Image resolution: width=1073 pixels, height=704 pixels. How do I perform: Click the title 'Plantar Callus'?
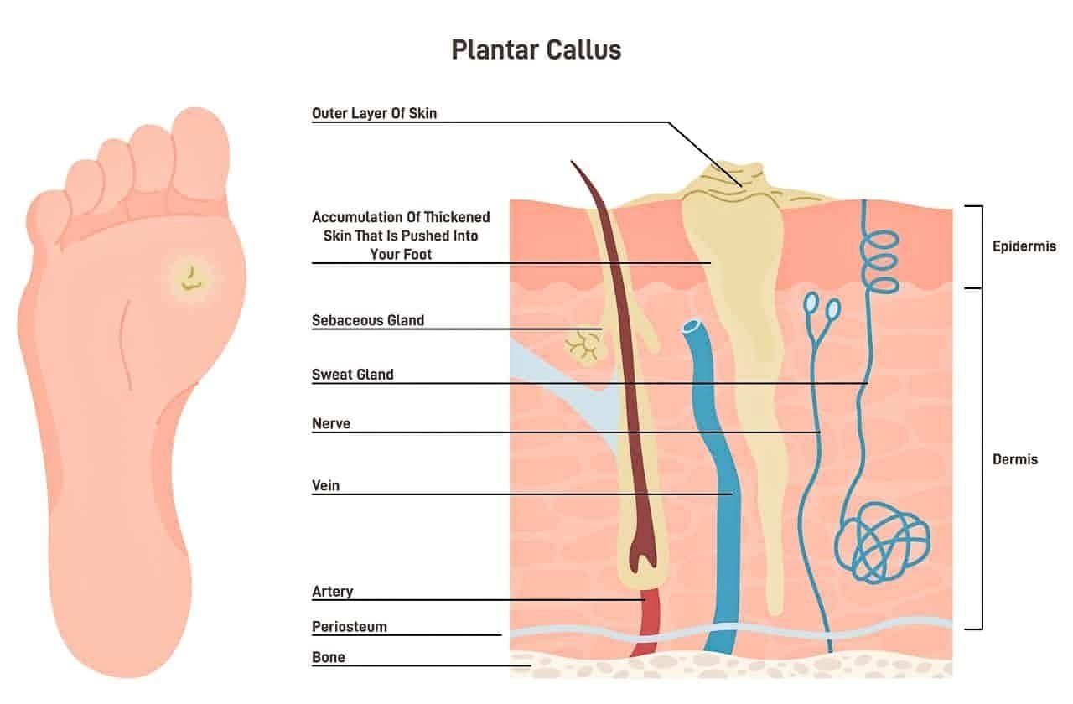(536, 50)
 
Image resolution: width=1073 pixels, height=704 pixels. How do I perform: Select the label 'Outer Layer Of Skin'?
(374, 113)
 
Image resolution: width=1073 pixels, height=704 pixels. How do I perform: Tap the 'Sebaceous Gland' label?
(368, 320)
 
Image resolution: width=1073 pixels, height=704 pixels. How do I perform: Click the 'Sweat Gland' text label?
(353, 375)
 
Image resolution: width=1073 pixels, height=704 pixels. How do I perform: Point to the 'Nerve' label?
(331, 424)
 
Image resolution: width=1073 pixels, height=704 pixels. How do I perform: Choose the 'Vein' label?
(326, 485)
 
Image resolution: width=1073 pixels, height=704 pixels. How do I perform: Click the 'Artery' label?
(333, 592)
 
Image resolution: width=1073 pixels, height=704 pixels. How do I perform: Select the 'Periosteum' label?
(350, 627)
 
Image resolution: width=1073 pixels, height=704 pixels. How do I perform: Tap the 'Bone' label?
(328, 658)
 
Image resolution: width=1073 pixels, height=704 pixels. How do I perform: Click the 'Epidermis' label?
(1024, 246)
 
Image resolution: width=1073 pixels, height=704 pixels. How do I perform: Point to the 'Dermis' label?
(1015, 460)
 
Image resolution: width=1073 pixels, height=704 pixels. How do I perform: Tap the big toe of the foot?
(200, 153)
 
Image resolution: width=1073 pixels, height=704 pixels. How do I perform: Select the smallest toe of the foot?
(47, 215)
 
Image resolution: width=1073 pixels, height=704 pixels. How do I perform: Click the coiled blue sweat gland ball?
(882, 542)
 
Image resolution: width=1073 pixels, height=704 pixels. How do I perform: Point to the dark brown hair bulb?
(642, 551)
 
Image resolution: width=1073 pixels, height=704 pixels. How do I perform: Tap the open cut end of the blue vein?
(692, 327)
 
